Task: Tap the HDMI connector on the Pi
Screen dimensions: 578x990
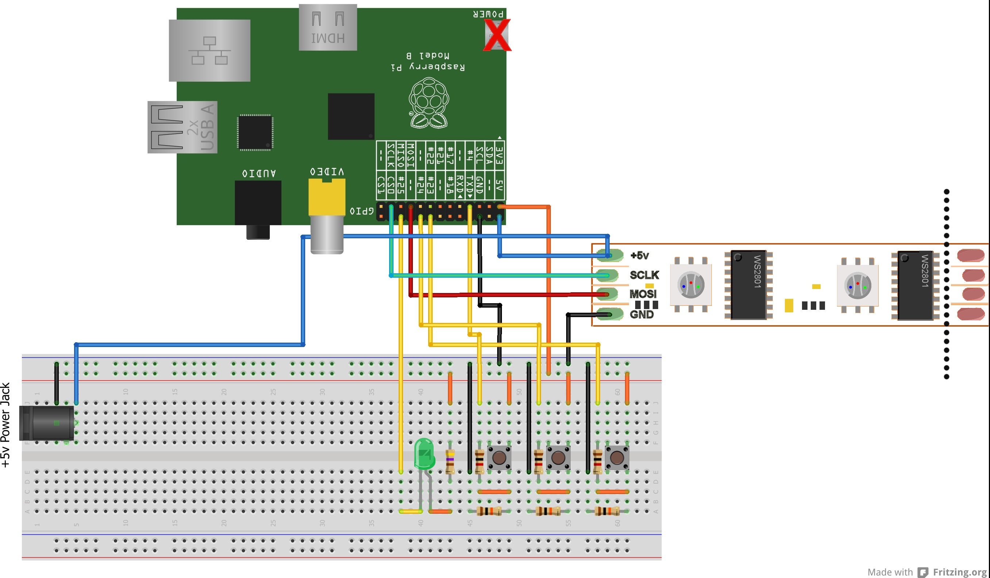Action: pyautogui.click(x=328, y=27)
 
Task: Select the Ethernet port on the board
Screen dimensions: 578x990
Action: pyautogui.click(x=210, y=50)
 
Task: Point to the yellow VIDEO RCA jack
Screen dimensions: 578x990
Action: pyautogui.click(x=327, y=196)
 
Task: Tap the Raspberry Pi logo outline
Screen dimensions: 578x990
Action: pyautogui.click(x=429, y=103)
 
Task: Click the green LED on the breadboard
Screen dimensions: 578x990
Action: pyautogui.click(x=424, y=454)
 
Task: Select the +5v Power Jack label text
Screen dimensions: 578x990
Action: pyautogui.click(x=5, y=425)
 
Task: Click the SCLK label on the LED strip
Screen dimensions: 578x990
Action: pyautogui.click(x=644, y=275)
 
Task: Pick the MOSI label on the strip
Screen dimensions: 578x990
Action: pyautogui.click(x=643, y=294)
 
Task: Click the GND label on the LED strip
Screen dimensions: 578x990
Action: pyautogui.click(x=641, y=314)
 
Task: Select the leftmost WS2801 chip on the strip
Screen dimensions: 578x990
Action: pyautogui.click(x=748, y=285)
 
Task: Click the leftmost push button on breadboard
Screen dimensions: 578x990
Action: pyautogui.click(x=499, y=458)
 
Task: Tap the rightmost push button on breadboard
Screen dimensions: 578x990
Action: pyautogui.click(x=617, y=458)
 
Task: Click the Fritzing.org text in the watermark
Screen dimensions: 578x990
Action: pyautogui.click(x=960, y=572)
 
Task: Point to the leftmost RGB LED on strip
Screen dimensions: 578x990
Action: pyautogui.click(x=691, y=285)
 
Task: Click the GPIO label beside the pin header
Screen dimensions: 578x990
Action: pyautogui.click(x=362, y=211)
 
